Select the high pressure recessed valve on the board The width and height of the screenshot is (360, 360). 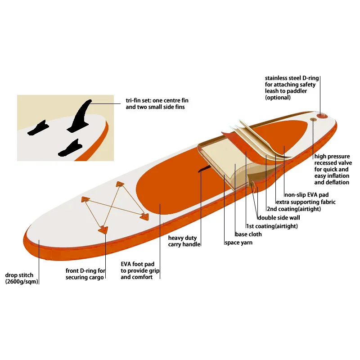click(x=313, y=119)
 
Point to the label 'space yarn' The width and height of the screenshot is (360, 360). click(x=238, y=243)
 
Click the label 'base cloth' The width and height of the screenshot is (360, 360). click(x=248, y=234)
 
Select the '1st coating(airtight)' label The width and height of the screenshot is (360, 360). click(x=272, y=226)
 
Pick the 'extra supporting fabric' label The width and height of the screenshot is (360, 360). click(x=306, y=202)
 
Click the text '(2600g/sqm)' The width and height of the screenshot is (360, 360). click(x=22, y=282)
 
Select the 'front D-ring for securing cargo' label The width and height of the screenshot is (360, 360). click(x=85, y=274)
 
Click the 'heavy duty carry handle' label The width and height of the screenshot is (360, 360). click(x=183, y=241)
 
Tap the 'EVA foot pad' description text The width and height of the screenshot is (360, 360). click(x=140, y=271)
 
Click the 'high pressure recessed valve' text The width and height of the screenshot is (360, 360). click(x=333, y=163)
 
